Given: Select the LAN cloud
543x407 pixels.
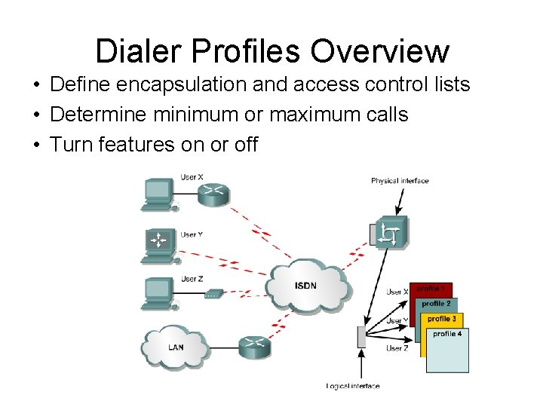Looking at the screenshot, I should click(174, 347).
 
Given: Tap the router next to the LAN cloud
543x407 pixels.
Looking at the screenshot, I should click(253, 347).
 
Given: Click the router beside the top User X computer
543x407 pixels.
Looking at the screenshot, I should click(213, 192).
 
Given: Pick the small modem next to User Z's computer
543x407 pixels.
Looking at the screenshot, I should click(213, 292).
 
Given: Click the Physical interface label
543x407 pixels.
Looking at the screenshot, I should click(399, 181).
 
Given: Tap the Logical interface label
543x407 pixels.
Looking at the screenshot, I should click(353, 386).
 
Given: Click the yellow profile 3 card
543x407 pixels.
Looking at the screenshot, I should click(442, 319).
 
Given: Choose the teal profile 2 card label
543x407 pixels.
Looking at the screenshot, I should click(436, 304).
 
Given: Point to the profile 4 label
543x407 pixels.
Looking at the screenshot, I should click(447, 333).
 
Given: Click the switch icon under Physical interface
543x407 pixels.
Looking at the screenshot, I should click(391, 233).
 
